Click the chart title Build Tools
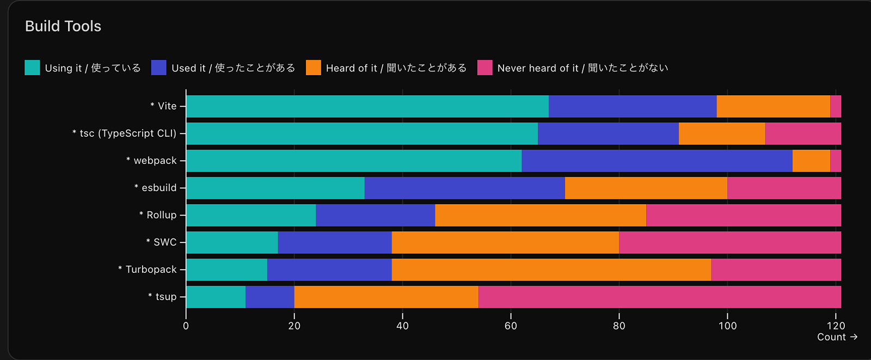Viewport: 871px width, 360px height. coord(63,26)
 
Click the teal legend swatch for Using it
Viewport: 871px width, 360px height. coord(32,68)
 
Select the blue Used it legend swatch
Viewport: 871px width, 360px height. coord(158,68)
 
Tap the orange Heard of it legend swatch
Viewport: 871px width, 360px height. coord(313,68)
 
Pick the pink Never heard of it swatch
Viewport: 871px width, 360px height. coord(484,68)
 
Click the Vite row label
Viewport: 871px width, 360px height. coord(163,106)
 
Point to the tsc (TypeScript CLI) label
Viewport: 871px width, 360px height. coord(125,133)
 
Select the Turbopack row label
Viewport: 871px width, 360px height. coord(148,270)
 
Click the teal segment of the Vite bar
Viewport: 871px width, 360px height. coord(367,106)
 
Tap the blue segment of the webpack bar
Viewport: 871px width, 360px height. coord(657,161)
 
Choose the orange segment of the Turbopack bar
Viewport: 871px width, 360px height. coord(551,270)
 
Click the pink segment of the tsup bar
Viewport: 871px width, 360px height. coord(659,297)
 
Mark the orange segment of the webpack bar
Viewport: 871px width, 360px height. coord(811,161)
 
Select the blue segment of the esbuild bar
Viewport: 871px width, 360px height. coord(464,188)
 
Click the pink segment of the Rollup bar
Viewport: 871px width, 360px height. coord(743,215)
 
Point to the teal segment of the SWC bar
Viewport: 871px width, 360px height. coord(232,242)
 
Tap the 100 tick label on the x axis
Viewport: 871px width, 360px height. coord(727,326)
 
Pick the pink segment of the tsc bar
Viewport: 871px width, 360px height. coord(803,133)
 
